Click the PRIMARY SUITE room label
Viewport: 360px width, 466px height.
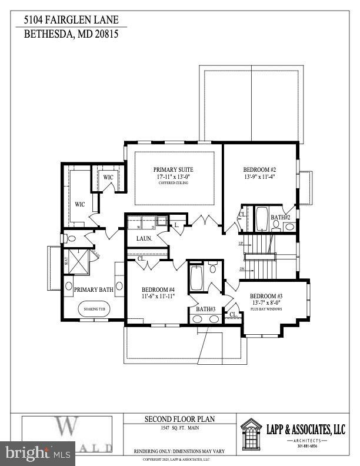coord(174,169)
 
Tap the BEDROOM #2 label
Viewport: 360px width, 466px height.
coord(259,168)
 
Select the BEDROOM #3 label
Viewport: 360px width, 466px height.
coord(266,296)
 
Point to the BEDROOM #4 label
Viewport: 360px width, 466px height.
coord(159,289)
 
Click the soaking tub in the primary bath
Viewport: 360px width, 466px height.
coord(94,309)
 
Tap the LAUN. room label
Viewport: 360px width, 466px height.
coord(145,238)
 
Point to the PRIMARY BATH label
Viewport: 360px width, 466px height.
coord(94,289)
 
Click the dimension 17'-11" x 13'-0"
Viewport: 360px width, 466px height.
coord(174,177)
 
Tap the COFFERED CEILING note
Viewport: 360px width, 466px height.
coord(174,183)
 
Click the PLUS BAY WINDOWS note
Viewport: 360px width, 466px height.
coord(266,308)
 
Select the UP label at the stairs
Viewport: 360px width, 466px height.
coord(240,243)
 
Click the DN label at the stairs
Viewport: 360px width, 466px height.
coord(242,269)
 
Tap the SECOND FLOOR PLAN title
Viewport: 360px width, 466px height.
coord(180,419)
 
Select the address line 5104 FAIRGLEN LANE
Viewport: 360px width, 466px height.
coord(71,20)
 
